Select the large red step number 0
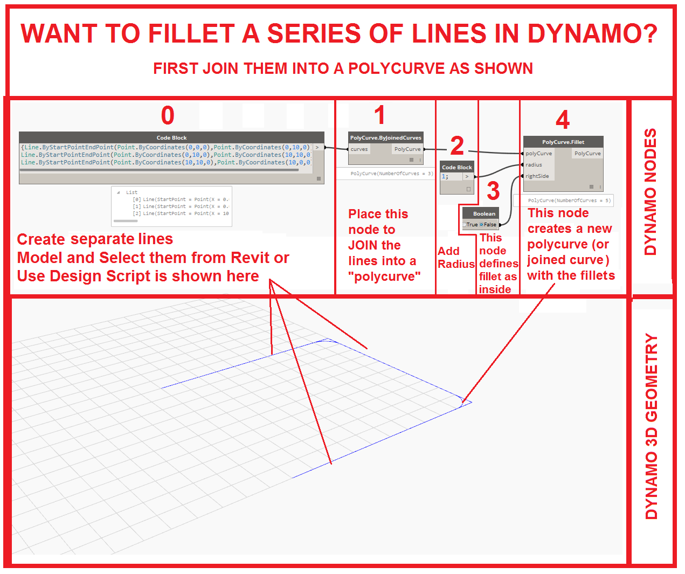(168, 115)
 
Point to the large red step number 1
(379, 115)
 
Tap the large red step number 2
(457, 145)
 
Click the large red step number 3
(493, 191)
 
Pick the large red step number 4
(563, 120)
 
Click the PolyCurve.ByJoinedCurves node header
(386, 138)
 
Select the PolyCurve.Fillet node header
(563, 142)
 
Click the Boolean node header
(484, 213)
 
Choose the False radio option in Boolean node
(489, 225)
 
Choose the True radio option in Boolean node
(471, 225)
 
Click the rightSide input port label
(537, 176)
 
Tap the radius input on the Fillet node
(534, 165)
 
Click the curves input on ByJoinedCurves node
(359, 149)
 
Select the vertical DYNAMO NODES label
(651, 192)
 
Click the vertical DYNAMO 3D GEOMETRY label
(652, 426)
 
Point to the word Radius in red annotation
(456, 264)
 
